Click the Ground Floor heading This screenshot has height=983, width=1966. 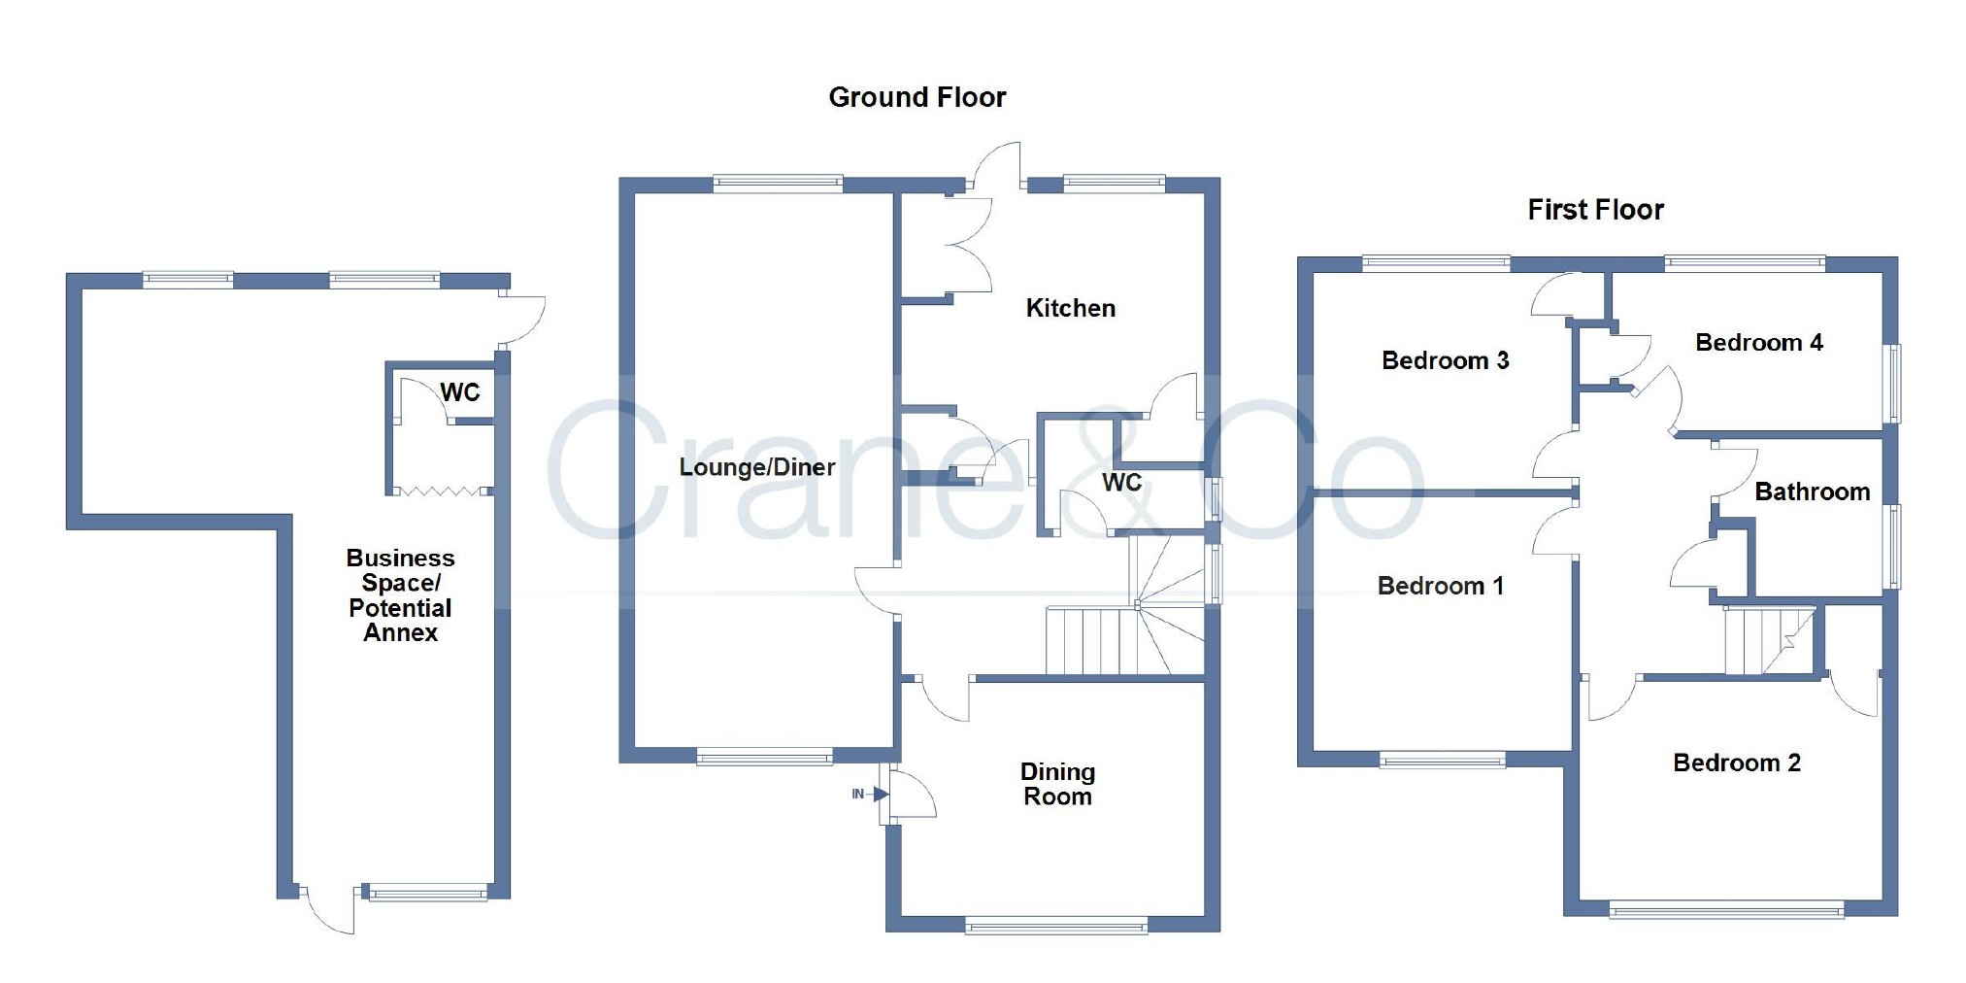(x=916, y=97)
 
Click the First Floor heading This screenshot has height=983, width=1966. (x=1595, y=210)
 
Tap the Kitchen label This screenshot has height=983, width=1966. (x=1070, y=308)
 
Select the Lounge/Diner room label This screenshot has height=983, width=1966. (x=756, y=467)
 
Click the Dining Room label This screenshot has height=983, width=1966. (x=1057, y=784)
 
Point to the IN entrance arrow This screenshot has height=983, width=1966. (x=871, y=794)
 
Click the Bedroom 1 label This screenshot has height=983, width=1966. (x=1440, y=586)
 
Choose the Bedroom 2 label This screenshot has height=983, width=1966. (x=1736, y=763)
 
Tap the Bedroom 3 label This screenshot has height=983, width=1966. (x=1445, y=360)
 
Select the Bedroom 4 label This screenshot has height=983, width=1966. (x=1758, y=342)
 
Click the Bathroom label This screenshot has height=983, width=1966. (x=1812, y=491)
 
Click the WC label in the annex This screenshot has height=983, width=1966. (x=459, y=392)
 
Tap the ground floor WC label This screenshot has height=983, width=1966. (x=1121, y=483)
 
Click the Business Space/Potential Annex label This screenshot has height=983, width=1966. (x=400, y=594)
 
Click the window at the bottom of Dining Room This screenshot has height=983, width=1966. (x=1056, y=927)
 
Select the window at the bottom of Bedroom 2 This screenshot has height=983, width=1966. (x=1725, y=911)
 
